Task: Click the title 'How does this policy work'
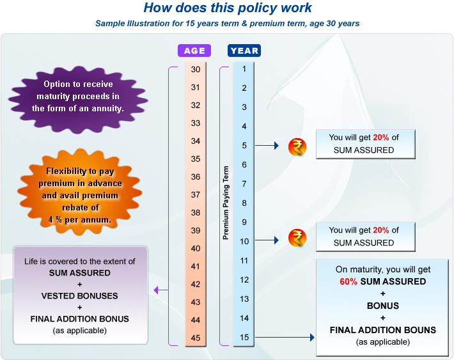click(228, 8)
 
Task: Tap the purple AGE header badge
click(194, 51)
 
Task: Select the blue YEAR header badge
click(244, 51)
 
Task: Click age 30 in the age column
click(196, 69)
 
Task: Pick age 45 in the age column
click(196, 338)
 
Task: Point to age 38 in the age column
click(196, 212)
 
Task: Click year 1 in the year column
click(244, 69)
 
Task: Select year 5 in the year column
click(244, 146)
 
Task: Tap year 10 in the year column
click(244, 241)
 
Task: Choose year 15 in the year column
click(244, 337)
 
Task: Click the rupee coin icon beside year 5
click(297, 147)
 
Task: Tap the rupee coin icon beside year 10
click(297, 239)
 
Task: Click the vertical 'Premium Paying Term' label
click(225, 202)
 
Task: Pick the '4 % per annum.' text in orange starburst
click(80, 219)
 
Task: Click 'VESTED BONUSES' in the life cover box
click(80, 296)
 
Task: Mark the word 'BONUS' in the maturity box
click(382, 306)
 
